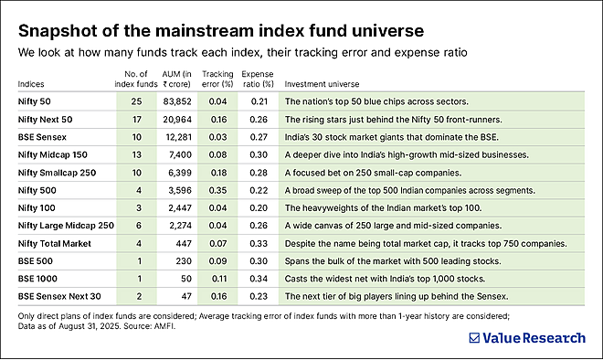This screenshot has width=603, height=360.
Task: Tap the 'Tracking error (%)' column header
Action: [x=217, y=77]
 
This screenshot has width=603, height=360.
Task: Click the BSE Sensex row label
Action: [x=40, y=137]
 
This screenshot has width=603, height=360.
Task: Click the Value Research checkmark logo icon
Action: [x=474, y=337]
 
